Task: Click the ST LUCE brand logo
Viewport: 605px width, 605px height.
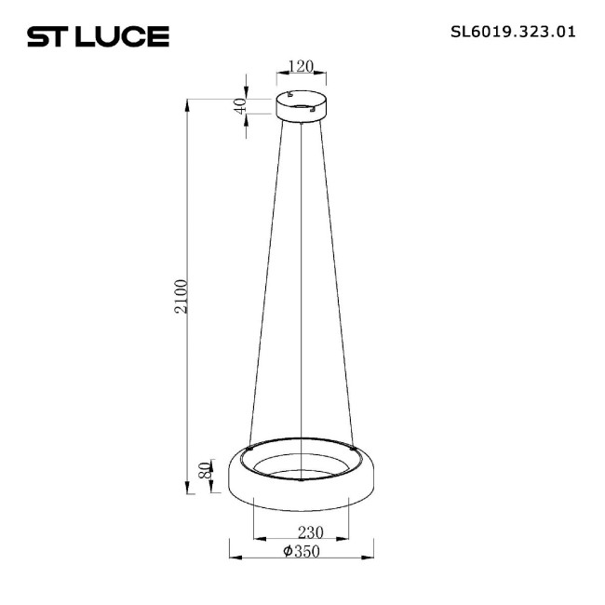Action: point(97,36)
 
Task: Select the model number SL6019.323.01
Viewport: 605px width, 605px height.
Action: point(513,31)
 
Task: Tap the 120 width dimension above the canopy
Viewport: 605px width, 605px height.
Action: point(301,67)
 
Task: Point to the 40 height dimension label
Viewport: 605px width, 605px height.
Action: point(241,105)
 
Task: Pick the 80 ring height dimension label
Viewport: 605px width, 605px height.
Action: point(206,470)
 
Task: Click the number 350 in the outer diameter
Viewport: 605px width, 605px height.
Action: point(306,551)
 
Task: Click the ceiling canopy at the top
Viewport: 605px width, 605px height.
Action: point(301,104)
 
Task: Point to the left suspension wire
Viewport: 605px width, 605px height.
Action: point(265,279)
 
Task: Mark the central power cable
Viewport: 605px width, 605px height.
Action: point(302,298)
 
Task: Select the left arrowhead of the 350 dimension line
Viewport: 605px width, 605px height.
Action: point(233,558)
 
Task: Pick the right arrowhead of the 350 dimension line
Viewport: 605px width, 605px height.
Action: point(372,558)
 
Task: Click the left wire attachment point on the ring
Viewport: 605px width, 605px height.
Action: point(249,447)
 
